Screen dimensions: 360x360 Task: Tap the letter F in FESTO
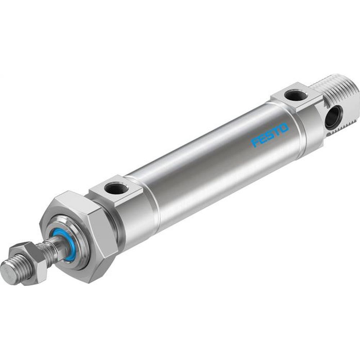click(x=256, y=143)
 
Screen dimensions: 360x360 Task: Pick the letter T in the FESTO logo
click(x=277, y=132)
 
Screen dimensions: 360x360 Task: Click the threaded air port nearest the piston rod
click(x=115, y=188)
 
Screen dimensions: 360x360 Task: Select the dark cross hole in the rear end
click(x=332, y=119)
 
